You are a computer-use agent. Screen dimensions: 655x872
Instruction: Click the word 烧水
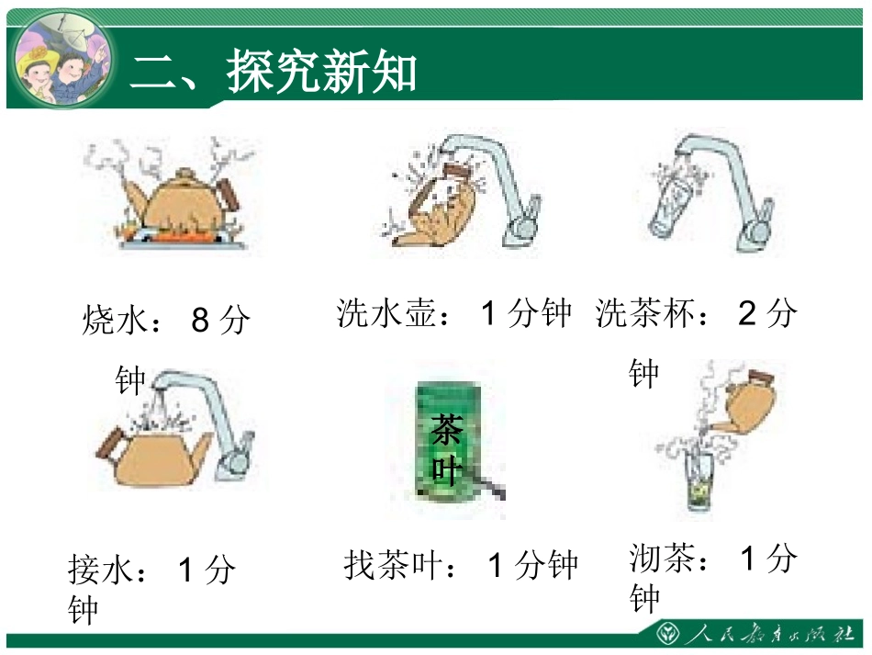pos(115,321)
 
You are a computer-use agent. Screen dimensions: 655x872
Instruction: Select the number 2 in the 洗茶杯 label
pos(747,314)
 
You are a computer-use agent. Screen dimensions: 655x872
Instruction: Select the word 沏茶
pos(663,559)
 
